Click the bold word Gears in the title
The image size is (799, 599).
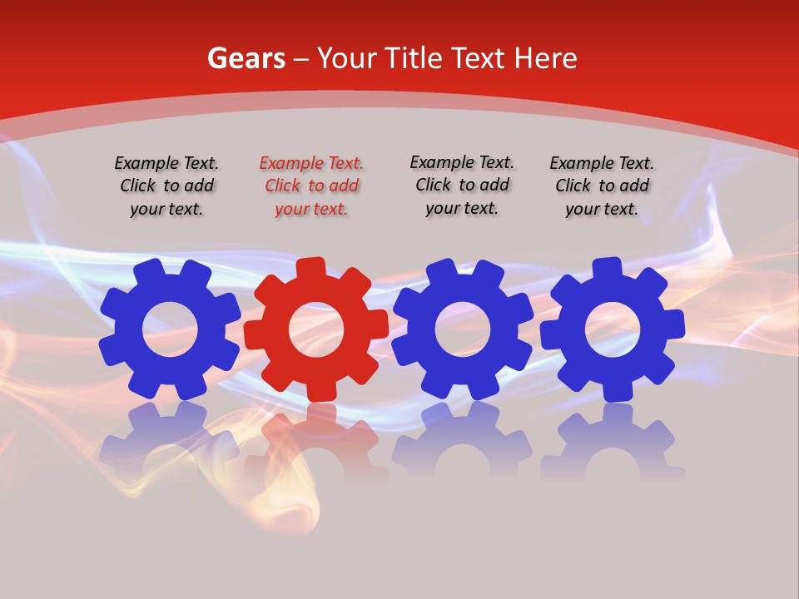pos(246,58)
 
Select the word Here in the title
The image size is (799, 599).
pos(546,58)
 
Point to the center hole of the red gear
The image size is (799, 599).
pos(316,329)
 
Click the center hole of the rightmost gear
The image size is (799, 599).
pos(613,329)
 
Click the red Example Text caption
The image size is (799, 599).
pos(311,186)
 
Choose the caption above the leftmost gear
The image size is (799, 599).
pos(166,186)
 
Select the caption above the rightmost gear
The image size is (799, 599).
pos(602,186)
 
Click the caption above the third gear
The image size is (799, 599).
pos(462,186)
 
